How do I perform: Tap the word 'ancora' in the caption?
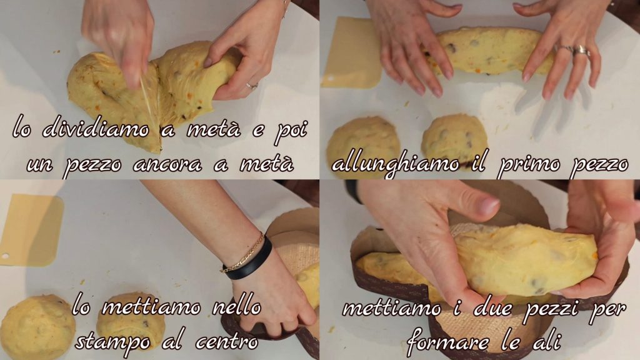[x=167, y=164]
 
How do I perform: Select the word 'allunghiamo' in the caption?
[x=396, y=164]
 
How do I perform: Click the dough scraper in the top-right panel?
[x=352, y=52]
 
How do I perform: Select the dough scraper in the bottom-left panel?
[x=31, y=230]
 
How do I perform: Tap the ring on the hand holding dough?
[x=251, y=86]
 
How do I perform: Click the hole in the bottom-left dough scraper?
[x=6, y=256]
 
